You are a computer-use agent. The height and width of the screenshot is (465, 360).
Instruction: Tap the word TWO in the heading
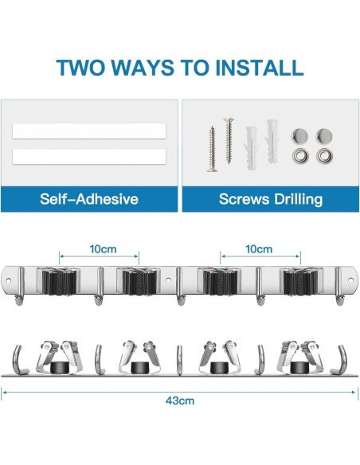coord(86,66)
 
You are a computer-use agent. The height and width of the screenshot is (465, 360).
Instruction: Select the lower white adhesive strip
coord(88,156)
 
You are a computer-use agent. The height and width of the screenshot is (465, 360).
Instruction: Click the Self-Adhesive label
coord(88,198)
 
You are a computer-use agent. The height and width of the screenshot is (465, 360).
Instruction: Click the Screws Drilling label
coord(271,198)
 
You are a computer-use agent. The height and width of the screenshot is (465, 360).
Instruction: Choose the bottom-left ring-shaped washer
coord(302,156)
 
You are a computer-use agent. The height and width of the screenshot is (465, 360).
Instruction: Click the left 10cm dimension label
coord(103,249)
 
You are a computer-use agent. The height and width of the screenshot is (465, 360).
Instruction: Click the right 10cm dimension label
coord(259,249)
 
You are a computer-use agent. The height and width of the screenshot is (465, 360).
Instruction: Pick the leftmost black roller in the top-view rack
coord(57,367)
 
